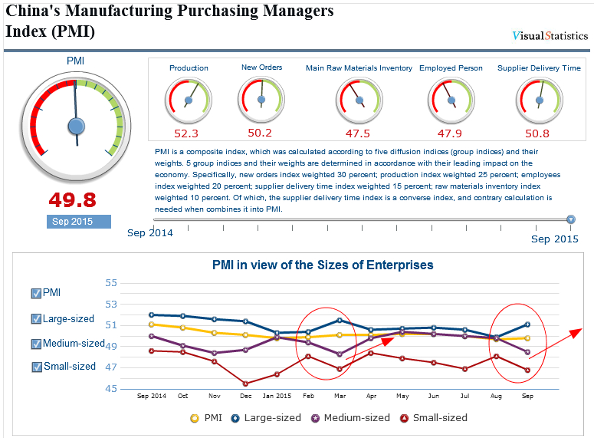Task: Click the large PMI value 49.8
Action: coord(73,200)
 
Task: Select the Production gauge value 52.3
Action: coord(186,133)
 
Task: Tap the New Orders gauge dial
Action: coord(261,99)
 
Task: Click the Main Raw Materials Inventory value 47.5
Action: coord(358,133)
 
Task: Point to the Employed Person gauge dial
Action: coord(450,100)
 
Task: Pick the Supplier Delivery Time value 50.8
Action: coord(538,133)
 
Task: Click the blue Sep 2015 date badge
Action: coord(77,222)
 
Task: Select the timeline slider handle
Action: coord(571,220)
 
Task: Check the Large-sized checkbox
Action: coord(36,319)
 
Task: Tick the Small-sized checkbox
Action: coord(36,367)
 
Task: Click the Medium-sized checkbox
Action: coord(36,344)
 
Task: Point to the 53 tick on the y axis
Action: coord(111,304)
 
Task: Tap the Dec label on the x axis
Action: coord(245,397)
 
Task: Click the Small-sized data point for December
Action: coord(245,384)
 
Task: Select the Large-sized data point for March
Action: coord(340,320)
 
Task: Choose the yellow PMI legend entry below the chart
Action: coord(207,418)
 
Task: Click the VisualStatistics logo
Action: coord(550,35)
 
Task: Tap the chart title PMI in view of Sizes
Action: coord(323,265)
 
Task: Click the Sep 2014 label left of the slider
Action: coord(150,232)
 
